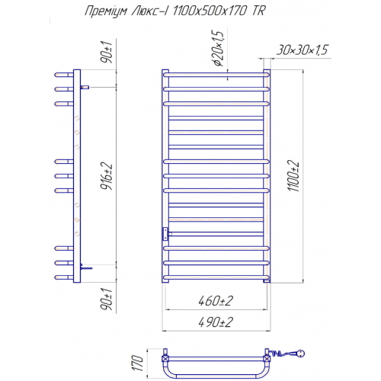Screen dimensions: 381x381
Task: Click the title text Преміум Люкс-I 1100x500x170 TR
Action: pyautogui.click(x=175, y=11)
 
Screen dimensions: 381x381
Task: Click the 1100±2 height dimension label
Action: pyautogui.click(x=293, y=175)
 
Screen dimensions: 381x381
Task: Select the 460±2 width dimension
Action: pyautogui.click(x=216, y=301)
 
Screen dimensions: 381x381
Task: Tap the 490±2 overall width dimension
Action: pyautogui.click(x=216, y=322)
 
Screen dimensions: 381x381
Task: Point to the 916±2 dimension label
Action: pyautogui.click(x=107, y=176)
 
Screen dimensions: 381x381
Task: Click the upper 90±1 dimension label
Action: pyautogui.click(x=107, y=52)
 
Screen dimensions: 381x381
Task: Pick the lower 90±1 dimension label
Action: pyautogui.click(x=107, y=299)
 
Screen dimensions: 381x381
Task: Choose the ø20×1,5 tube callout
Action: pyautogui.click(x=218, y=48)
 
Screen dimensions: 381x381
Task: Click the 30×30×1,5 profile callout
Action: pyautogui.click(x=303, y=50)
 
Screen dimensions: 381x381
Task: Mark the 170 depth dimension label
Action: pyautogui.click(x=138, y=363)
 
